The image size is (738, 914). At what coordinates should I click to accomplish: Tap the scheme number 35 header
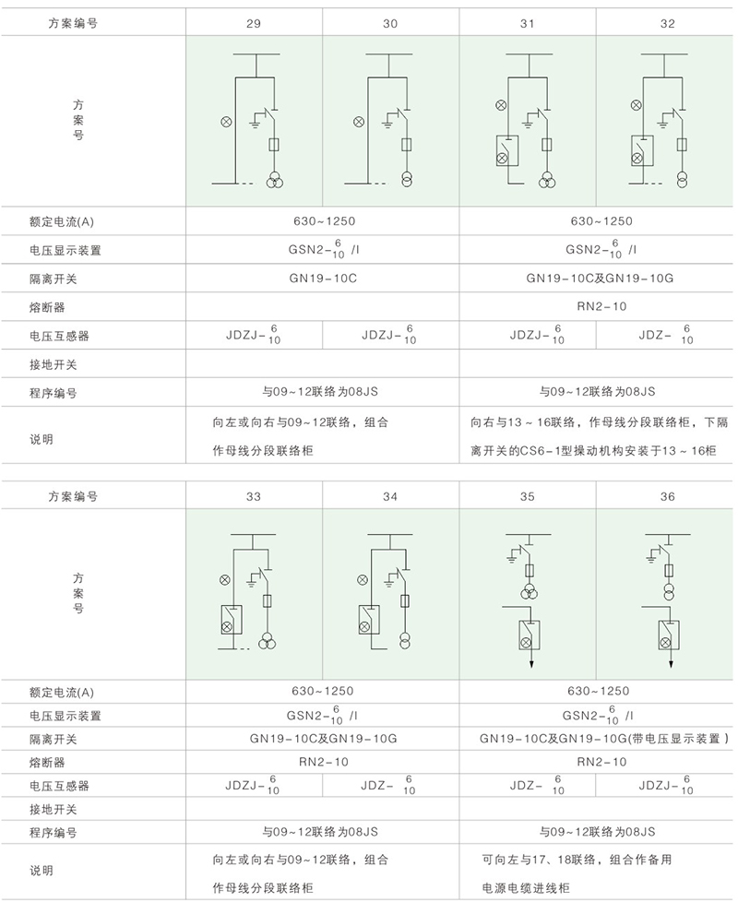tap(527, 496)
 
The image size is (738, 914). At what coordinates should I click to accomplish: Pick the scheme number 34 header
tap(390, 496)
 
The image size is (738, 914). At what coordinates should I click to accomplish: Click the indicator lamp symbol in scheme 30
tap(357, 121)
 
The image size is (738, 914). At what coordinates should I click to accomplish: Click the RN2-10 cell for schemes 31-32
tap(597, 306)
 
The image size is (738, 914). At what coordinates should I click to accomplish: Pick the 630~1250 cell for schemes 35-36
tap(597, 691)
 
